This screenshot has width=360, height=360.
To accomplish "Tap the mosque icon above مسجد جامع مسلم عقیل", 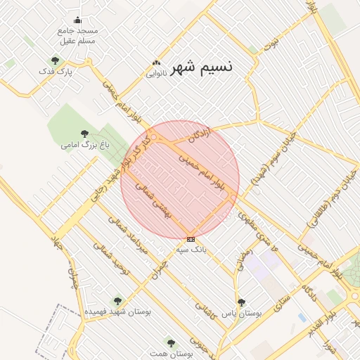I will pos(77,19).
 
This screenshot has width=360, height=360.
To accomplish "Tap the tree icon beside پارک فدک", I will pos(55,60).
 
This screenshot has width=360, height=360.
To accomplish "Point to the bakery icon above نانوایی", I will pos(155,63).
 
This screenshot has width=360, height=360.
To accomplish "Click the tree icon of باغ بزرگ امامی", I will pos(84,134).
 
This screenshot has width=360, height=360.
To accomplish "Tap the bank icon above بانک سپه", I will pos(191,239).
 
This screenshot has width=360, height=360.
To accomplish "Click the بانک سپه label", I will pos(191,250).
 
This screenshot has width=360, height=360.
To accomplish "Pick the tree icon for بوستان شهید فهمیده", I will pos(117,300).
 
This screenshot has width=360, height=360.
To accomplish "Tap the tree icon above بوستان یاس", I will pos(241,302).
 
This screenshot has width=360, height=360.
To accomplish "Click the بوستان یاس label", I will pos(241,314).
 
